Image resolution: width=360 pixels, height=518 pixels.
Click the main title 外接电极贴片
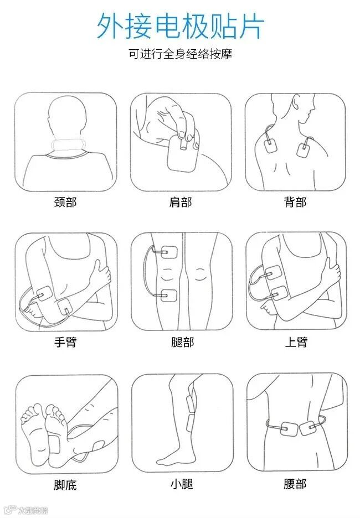tap(181, 27)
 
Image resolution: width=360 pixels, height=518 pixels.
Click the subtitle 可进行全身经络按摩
tap(181, 54)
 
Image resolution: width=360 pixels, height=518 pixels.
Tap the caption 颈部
tap(65, 202)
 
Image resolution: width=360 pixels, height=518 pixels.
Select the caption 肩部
tap(181, 202)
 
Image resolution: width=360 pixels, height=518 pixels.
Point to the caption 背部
tap(295, 202)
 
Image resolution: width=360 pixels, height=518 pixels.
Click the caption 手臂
tap(65, 342)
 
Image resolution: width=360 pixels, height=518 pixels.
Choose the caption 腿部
tap(182, 342)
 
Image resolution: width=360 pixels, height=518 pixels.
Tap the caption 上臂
tap(296, 342)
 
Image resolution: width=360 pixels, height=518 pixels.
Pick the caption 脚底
tap(65, 485)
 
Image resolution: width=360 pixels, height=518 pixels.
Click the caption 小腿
tap(182, 484)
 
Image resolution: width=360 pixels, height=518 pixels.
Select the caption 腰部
tap(295, 484)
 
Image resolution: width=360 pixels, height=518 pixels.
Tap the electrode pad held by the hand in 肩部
tap(182, 153)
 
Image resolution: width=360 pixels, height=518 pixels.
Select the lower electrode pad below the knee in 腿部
tap(169, 296)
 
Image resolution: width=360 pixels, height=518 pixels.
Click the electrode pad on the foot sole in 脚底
tap(54, 444)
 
